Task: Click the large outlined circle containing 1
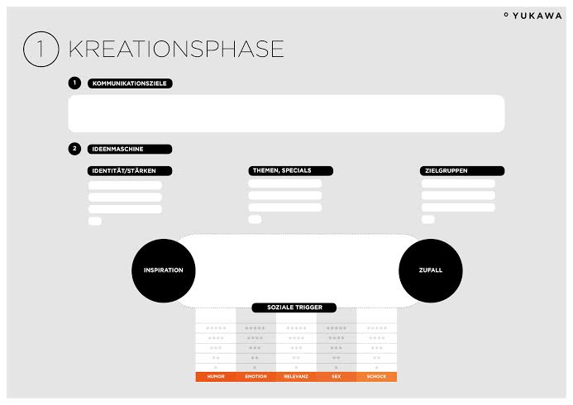pos(41,50)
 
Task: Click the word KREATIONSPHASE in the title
pos(176,49)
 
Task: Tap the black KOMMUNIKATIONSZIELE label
pos(130,83)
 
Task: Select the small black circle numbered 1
pos(74,83)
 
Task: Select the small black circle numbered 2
pos(74,149)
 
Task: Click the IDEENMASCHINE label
pos(130,149)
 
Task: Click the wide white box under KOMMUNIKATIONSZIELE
pos(286,113)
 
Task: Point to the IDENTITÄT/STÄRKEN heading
pos(130,171)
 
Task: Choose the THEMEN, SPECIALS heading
pos(290,170)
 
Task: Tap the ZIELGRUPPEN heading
pos(462,170)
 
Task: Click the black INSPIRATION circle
pos(164,270)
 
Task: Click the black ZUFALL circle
pos(431,270)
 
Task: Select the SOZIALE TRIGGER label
pos(294,307)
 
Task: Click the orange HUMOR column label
pos(216,377)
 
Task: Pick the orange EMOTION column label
pos(256,377)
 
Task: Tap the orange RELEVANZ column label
pos(296,377)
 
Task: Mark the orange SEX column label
pos(337,377)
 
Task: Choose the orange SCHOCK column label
pos(376,377)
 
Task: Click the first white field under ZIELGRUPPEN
pos(458,183)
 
